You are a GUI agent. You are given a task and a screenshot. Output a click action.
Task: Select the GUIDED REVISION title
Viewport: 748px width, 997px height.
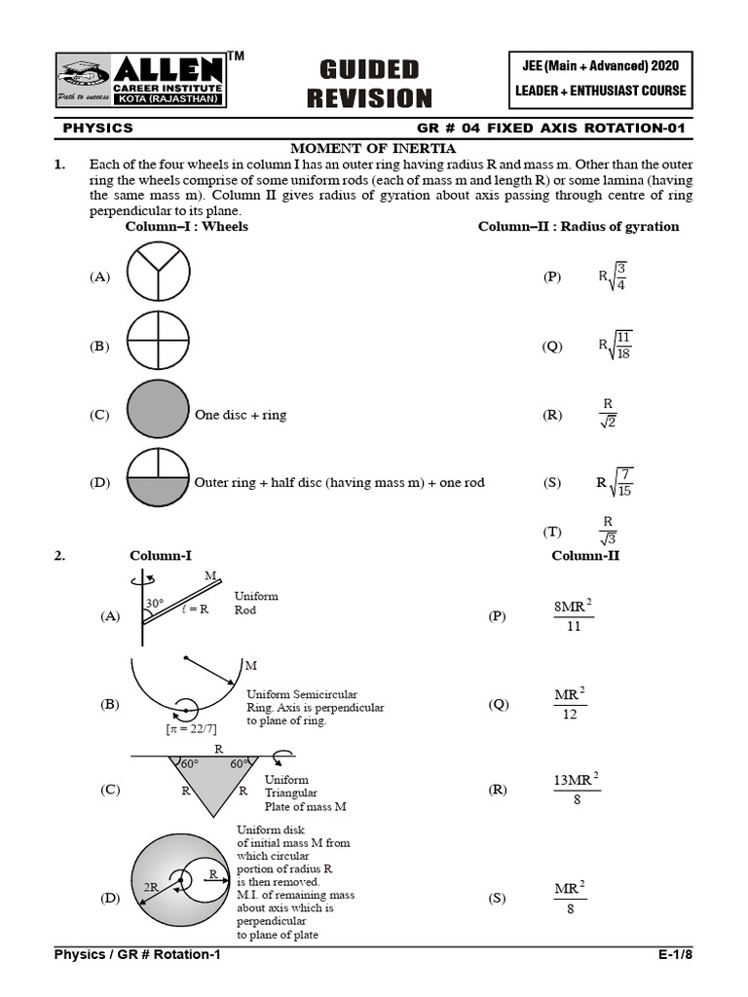[369, 83]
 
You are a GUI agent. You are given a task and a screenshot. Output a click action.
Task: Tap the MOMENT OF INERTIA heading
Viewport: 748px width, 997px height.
[374, 148]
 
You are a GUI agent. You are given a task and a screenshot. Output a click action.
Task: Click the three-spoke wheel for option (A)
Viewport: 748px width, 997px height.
[158, 277]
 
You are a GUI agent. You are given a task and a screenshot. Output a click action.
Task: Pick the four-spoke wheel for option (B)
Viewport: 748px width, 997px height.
[158, 346]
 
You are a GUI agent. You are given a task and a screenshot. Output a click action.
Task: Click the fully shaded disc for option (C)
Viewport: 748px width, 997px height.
[158, 414]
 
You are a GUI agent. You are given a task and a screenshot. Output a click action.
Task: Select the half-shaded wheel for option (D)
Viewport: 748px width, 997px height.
[158, 482]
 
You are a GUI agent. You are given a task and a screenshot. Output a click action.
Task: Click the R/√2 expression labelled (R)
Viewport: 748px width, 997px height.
[608, 414]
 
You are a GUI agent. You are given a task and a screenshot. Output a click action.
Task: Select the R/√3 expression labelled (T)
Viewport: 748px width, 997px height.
[608, 532]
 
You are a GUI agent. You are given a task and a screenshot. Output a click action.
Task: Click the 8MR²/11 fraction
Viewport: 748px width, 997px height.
[573, 615]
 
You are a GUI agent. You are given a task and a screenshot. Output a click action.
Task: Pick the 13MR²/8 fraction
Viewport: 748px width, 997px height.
[576, 789]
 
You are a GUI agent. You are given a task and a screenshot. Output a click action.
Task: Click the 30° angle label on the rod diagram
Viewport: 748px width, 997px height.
[155, 604]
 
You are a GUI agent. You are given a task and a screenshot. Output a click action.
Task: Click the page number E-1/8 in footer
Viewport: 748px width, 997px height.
[675, 955]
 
